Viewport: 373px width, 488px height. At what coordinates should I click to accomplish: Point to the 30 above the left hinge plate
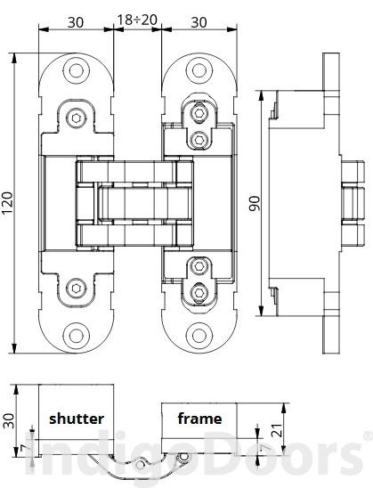point(76,20)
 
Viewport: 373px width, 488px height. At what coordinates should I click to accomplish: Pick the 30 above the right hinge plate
point(200,20)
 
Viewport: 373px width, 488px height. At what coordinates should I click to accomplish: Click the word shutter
point(77,418)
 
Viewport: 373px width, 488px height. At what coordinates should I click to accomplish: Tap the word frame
point(199,418)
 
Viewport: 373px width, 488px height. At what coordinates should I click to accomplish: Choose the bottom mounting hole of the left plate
point(77,335)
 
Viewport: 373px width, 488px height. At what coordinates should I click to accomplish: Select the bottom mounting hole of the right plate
point(199,335)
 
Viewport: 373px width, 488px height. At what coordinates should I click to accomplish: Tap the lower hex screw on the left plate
point(77,287)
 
